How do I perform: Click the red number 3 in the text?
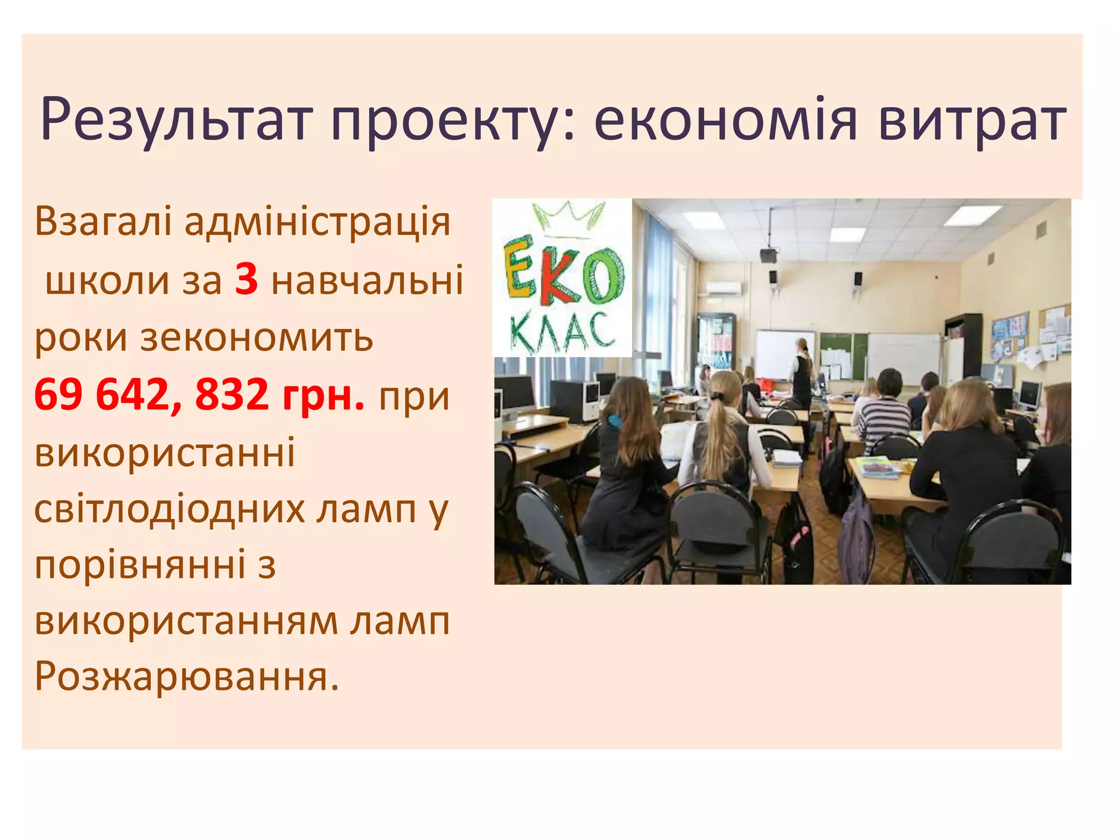(246, 280)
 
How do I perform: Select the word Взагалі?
(103, 222)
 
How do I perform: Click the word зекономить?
(257, 337)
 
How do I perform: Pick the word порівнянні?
(140, 565)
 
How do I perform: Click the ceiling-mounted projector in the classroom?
(769, 254)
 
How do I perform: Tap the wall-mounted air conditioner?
(723, 288)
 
